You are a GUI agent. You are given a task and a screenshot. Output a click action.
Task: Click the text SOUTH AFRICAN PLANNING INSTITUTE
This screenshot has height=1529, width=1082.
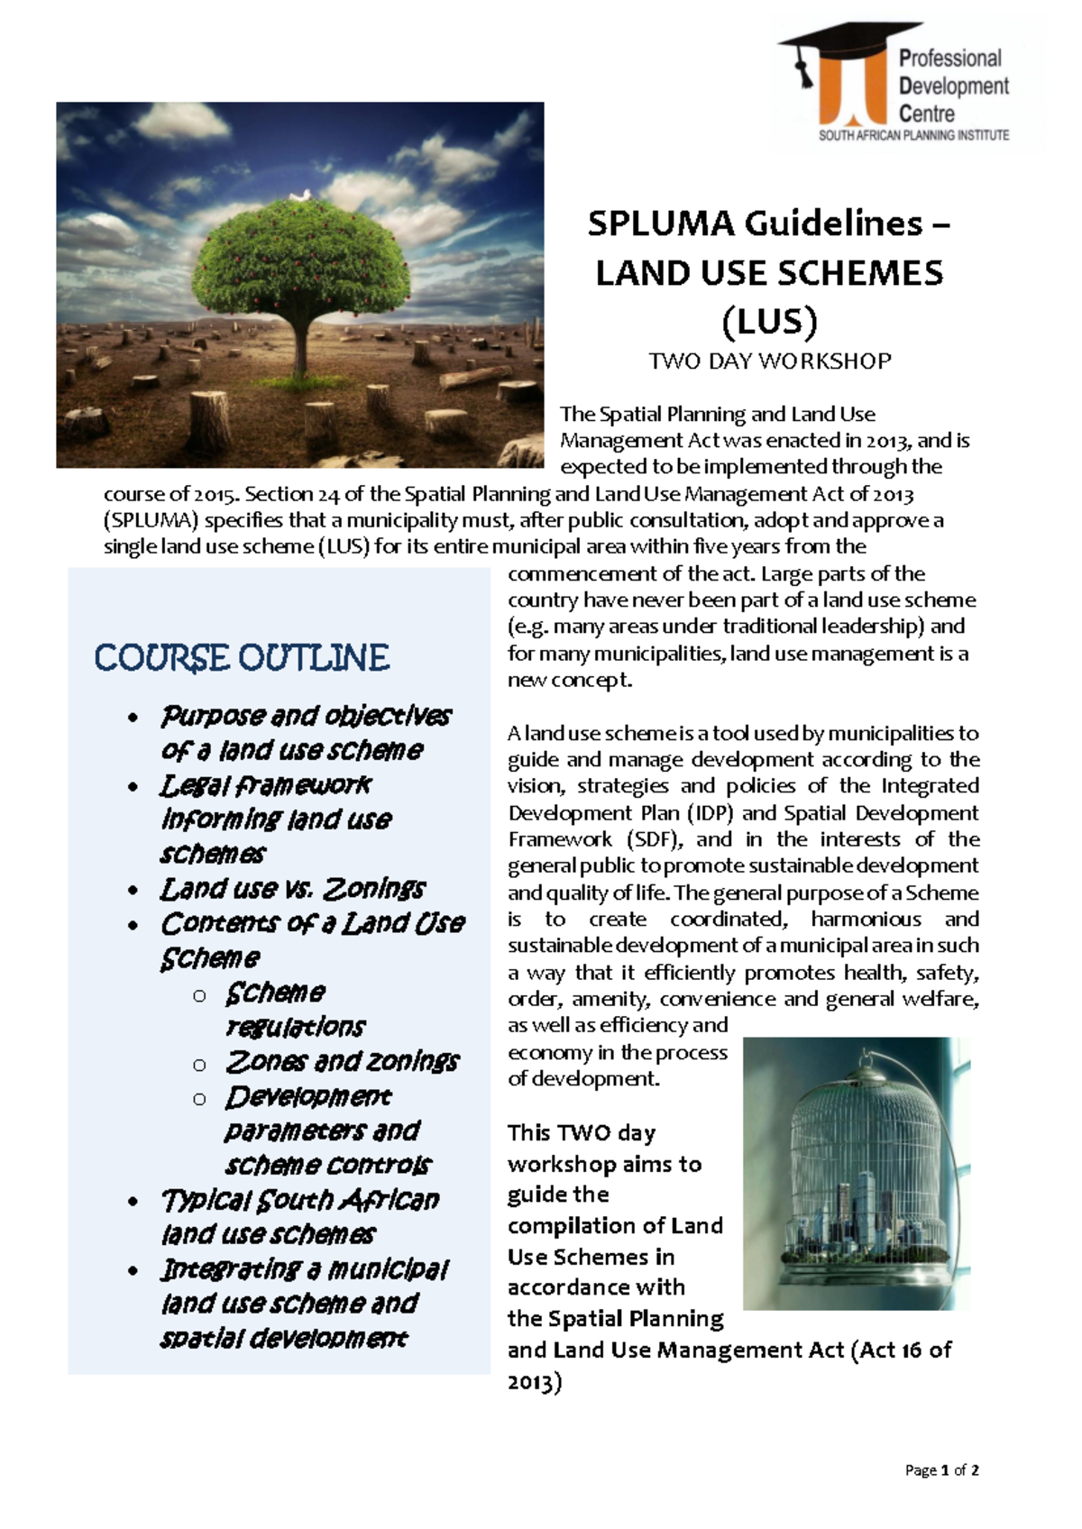pyautogui.click(x=913, y=135)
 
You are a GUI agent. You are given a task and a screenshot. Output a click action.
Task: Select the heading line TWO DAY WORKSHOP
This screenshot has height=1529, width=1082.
pyautogui.click(x=769, y=362)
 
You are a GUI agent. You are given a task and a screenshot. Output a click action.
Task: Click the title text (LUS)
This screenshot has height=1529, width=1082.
pyautogui.click(x=769, y=321)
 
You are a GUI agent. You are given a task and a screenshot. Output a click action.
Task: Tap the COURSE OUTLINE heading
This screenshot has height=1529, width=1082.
pyautogui.click(x=242, y=658)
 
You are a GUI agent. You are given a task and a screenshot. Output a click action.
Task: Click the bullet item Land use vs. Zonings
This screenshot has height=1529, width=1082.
pyautogui.click(x=292, y=889)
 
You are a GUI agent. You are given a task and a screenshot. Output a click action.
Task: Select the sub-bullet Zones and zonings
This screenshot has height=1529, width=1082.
pyautogui.click(x=342, y=1062)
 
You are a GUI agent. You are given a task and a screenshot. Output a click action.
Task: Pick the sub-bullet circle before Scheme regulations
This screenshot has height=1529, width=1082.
pyautogui.click(x=200, y=996)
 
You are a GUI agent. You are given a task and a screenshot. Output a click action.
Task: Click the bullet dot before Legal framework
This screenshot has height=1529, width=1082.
pyautogui.click(x=133, y=788)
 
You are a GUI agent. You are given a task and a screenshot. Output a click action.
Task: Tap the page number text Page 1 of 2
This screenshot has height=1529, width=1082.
pyautogui.click(x=942, y=1470)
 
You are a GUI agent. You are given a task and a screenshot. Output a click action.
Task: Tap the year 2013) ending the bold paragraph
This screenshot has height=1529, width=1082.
pyautogui.click(x=535, y=1382)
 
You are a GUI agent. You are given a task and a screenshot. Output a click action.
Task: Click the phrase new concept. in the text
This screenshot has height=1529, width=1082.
pyautogui.click(x=570, y=680)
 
